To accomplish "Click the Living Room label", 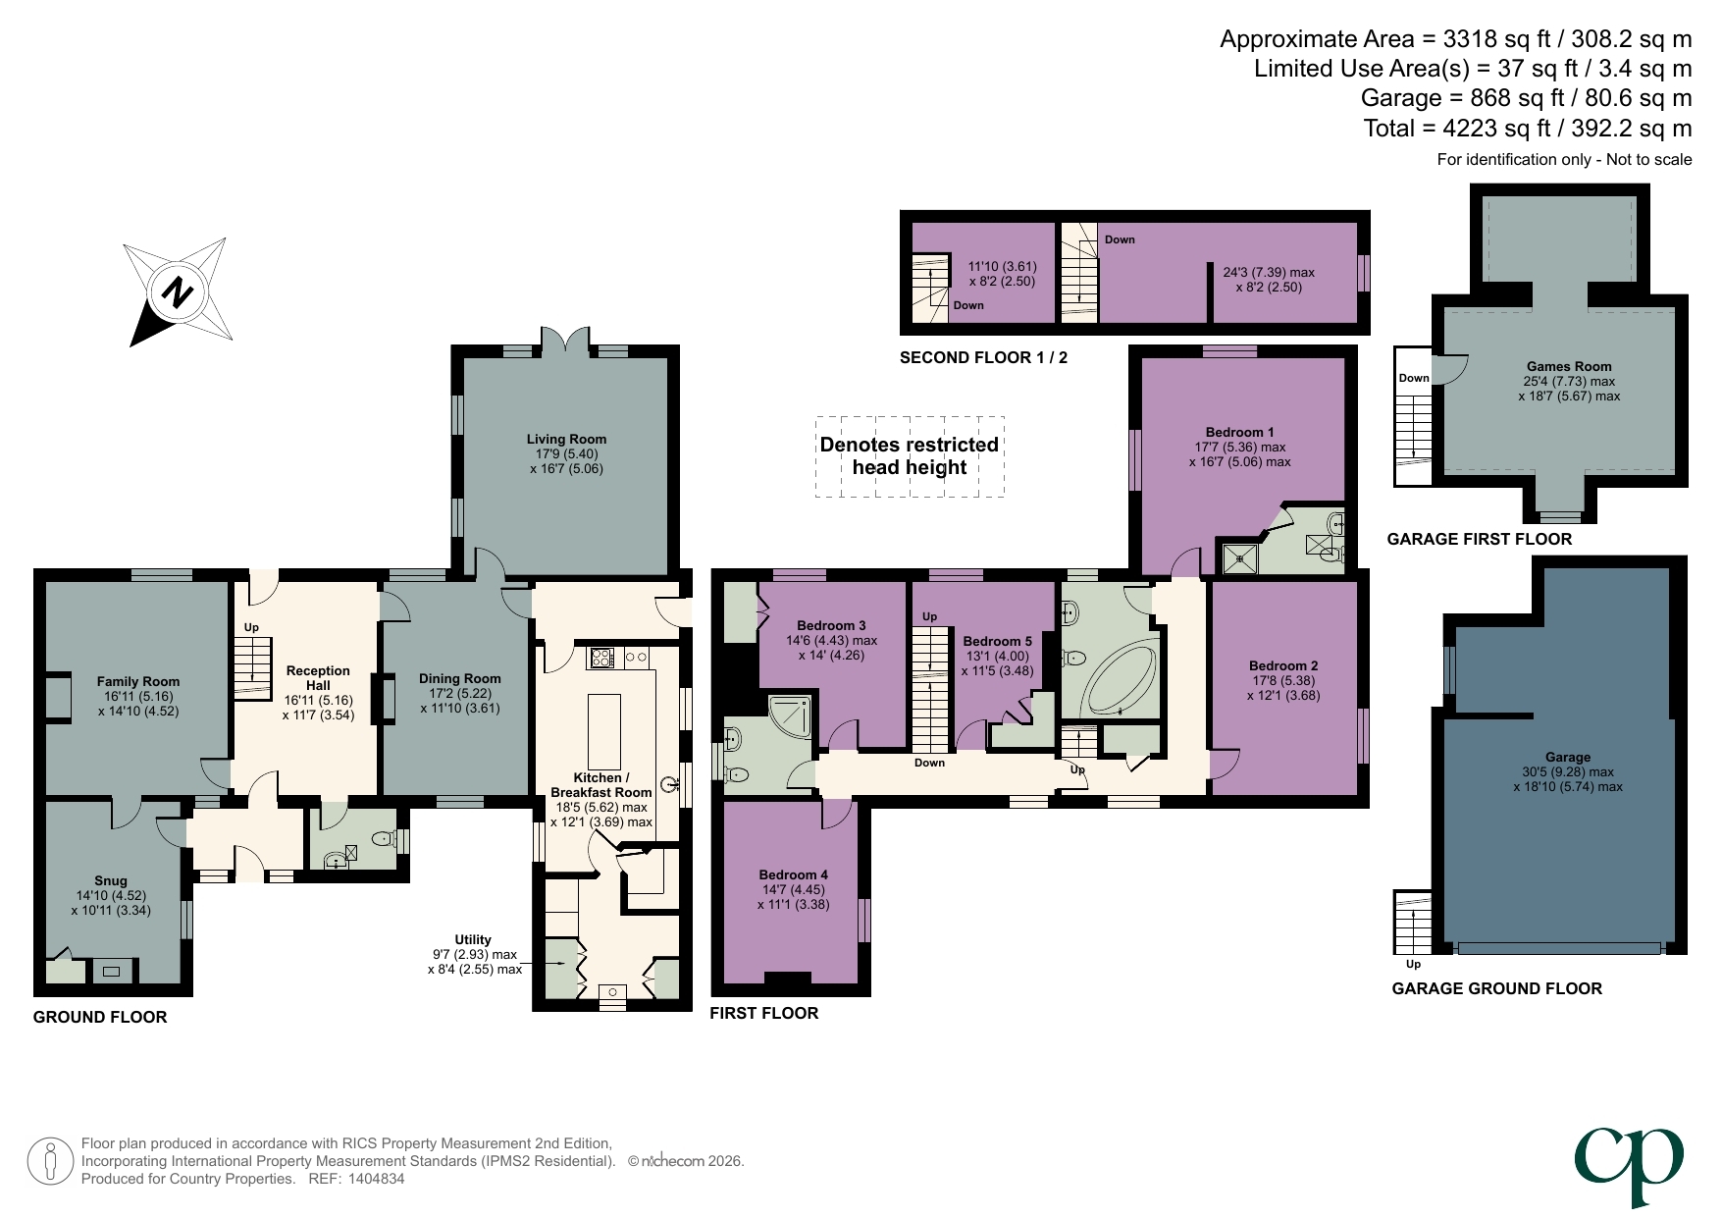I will click(x=566, y=440).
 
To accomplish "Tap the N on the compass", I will click(x=178, y=292).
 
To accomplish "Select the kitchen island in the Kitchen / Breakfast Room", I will click(x=604, y=731).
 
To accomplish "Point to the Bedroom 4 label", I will click(x=793, y=874).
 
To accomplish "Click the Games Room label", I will click(x=1568, y=366).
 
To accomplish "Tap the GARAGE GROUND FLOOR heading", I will click(x=1496, y=988).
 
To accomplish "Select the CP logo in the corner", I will click(x=1629, y=1164).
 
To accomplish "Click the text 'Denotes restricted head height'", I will click(x=909, y=456).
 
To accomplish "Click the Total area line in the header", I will click(x=1527, y=129).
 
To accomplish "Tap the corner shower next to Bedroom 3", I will click(x=791, y=716).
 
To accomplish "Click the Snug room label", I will click(x=111, y=880).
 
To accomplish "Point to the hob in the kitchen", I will click(x=600, y=658).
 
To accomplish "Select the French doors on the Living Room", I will click(x=565, y=342).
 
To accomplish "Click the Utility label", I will click(x=472, y=939).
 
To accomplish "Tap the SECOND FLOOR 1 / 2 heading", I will click(x=983, y=357).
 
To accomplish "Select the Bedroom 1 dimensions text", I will click(x=1239, y=454).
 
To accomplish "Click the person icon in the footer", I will click(x=49, y=1161).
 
